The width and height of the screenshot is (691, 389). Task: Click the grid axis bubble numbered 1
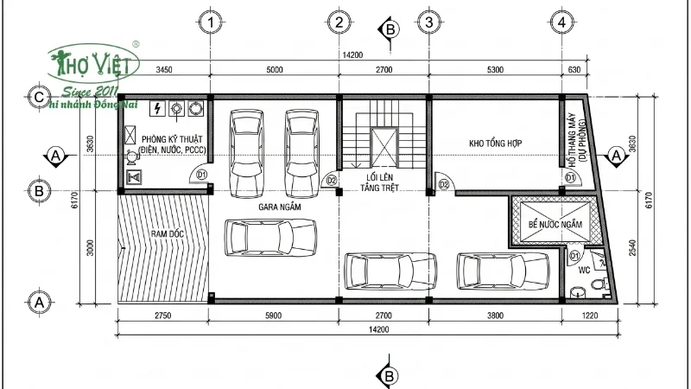point(212,21)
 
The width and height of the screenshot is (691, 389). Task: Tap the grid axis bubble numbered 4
point(562,21)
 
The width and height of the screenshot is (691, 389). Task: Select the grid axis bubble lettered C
point(37,97)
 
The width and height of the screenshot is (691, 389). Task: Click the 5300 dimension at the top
point(495,69)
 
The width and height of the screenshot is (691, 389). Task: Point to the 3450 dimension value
point(165,69)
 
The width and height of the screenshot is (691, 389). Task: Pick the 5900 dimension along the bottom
point(273,316)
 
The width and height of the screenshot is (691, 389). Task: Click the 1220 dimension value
point(590,316)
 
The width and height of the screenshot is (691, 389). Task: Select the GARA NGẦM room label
point(276,208)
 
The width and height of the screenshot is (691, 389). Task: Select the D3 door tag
point(444,184)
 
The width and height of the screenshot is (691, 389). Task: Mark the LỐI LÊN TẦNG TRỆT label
point(381,182)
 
